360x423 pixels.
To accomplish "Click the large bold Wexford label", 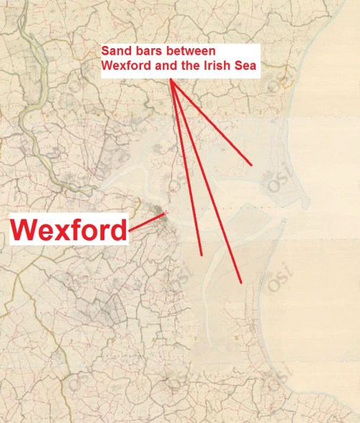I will (x=69, y=231).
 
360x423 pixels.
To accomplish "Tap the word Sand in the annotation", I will (x=114, y=53).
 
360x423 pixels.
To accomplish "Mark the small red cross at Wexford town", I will (x=166, y=212).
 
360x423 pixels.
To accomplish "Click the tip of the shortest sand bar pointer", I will (x=251, y=165).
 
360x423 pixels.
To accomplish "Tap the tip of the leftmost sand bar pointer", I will (x=202, y=255).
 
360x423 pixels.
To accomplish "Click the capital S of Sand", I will (x=105, y=53).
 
